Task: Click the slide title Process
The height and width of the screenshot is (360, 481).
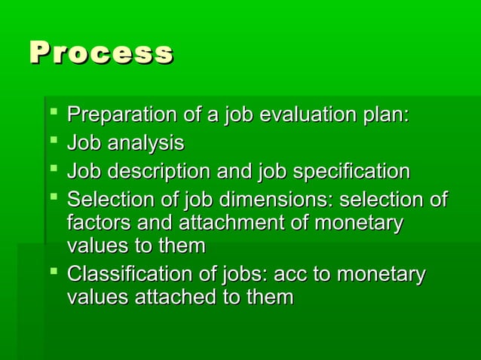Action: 101,54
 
